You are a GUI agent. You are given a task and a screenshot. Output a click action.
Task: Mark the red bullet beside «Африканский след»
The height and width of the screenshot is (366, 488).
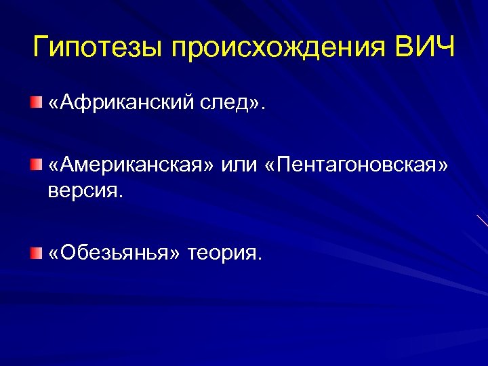[35, 102]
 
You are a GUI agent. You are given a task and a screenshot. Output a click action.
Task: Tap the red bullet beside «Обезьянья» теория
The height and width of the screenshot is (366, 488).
[35, 253]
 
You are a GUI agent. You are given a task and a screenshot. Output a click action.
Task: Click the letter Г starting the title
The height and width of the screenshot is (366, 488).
[41, 48]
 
